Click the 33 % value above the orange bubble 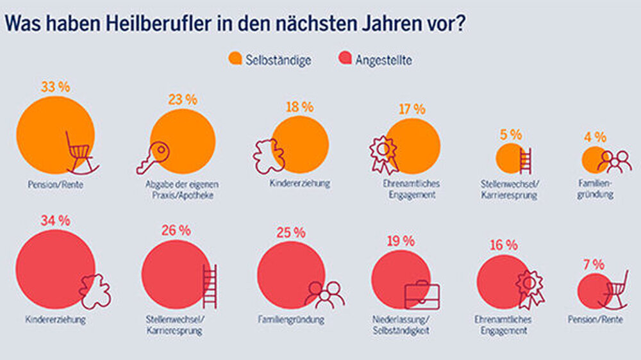click(55, 88)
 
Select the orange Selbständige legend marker click(235, 59)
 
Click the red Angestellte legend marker click(345, 59)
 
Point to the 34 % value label click(55, 221)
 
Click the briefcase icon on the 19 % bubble click(422, 295)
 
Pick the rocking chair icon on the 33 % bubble click(81, 152)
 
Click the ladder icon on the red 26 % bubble click(210, 286)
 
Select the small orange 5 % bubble click(511, 158)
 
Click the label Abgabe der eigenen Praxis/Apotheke click(182, 190)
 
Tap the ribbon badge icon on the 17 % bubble click(383, 154)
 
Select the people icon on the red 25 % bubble click(324, 294)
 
